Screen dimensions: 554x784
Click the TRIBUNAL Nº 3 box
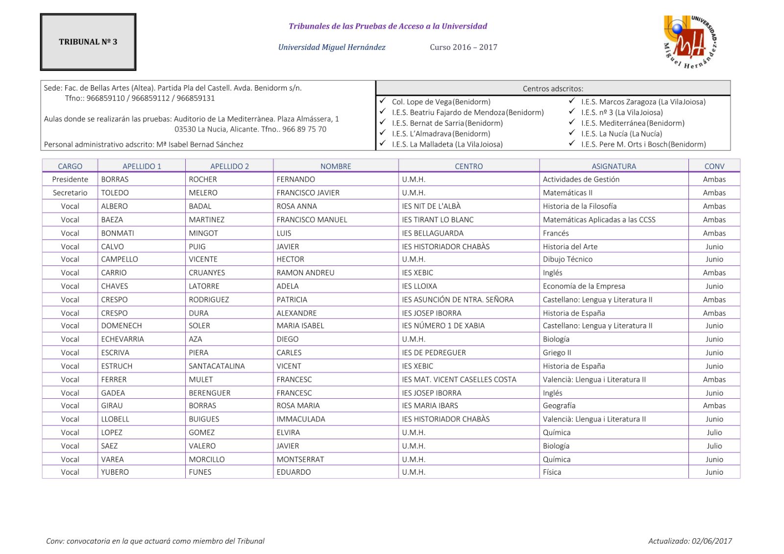point(88,42)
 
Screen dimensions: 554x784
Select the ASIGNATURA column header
point(613,166)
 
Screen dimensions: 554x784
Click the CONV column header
point(714,166)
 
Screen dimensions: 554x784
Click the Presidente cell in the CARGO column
point(70,179)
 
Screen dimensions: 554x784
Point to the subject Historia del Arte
point(570,246)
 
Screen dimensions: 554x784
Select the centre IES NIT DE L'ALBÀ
point(431,206)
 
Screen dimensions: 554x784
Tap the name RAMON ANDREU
point(305,273)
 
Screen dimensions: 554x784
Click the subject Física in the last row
point(552,472)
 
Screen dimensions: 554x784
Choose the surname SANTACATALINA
point(217,366)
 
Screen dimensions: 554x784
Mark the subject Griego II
point(557,353)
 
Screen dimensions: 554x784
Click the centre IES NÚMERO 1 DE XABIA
point(443,326)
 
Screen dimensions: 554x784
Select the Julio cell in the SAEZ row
point(714,446)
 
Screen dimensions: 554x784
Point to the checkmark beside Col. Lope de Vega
point(383,101)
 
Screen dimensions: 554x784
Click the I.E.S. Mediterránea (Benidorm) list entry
point(633,123)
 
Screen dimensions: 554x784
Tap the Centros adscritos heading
point(553,89)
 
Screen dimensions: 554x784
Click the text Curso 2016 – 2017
point(463,48)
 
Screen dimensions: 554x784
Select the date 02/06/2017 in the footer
point(711,541)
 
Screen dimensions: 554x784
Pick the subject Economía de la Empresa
point(584,286)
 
